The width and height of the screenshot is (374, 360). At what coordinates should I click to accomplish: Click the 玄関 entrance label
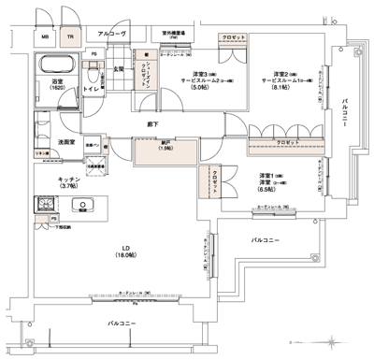pos(121,68)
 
